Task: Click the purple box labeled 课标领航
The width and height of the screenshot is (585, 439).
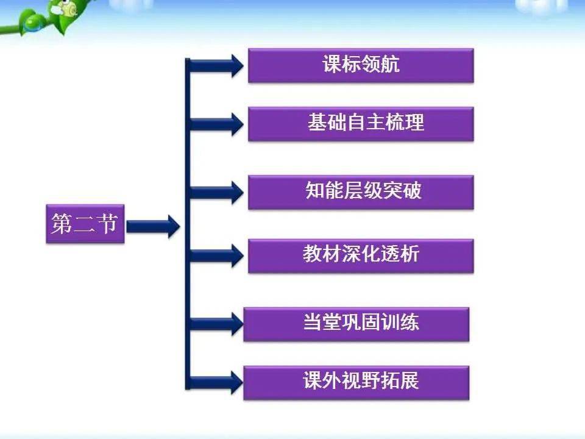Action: [x=361, y=65]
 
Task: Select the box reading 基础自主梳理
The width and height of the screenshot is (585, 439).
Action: [x=361, y=124]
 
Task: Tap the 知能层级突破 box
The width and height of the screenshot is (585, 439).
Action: [x=361, y=192]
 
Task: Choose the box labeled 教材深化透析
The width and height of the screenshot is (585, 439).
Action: [x=361, y=256]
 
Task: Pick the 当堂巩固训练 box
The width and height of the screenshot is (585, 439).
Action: [x=356, y=324]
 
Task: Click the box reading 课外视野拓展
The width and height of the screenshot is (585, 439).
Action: [x=356, y=383]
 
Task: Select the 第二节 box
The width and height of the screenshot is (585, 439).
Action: [x=85, y=224]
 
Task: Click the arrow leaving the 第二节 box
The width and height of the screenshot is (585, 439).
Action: [x=154, y=226]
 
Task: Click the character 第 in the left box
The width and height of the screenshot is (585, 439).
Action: [x=62, y=224]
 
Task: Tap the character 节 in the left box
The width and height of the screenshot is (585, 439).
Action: [x=107, y=224]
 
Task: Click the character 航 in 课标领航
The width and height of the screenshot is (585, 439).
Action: [x=390, y=64]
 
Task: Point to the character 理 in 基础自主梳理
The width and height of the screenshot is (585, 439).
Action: [x=414, y=123]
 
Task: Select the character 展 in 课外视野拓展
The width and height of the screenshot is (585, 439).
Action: [x=409, y=381]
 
